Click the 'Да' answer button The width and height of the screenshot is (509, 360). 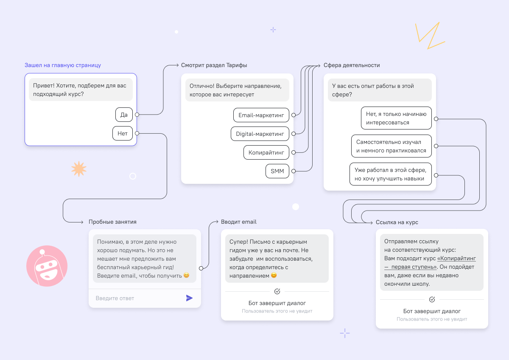[x=124, y=115]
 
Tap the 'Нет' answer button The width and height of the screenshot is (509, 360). [x=123, y=133]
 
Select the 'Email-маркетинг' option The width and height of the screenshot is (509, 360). [x=261, y=115]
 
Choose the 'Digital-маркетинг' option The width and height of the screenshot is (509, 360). [x=260, y=134]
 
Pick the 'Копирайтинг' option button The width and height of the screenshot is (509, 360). [x=266, y=152]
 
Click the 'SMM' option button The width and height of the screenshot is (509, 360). [x=277, y=171]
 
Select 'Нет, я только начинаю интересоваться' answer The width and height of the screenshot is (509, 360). [x=396, y=118]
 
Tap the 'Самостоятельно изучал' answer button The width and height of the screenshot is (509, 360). [x=391, y=146]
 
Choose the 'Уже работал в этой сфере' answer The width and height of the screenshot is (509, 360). [x=390, y=174]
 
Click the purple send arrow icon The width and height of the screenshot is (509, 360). [x=189, y=298]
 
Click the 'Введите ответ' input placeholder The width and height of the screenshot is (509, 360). [x=115, y=298]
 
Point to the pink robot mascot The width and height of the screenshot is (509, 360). [x=47, y=266]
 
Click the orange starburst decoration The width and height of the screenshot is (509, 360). [x=78, y=169]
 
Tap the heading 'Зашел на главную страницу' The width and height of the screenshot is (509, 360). [x=63, y=65]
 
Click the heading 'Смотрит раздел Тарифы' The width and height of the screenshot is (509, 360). [x=214, y=65]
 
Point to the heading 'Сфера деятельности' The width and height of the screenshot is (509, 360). [x=352, y=65]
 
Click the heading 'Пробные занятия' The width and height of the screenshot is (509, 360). [x=112, y=222]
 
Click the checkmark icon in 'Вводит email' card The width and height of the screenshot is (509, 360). [x=277, y=291]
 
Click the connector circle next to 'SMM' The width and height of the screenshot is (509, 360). [x=294, y=171]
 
